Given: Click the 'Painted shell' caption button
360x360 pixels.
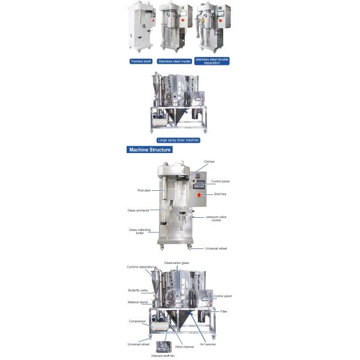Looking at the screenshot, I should (x=141, y=61).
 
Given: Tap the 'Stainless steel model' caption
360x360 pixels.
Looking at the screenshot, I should (x=174, y=61).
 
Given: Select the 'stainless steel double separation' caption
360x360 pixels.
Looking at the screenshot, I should (x=212, y=61).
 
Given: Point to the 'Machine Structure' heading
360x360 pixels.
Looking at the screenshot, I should (x=149, y=149).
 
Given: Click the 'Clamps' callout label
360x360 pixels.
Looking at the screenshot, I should (x=209, y=161).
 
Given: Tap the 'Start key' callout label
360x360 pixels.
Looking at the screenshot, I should (x=220, y=194).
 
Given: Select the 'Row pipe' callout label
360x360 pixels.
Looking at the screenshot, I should (x=143, y=190).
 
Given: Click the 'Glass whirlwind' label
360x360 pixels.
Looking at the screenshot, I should (x=138, y=211).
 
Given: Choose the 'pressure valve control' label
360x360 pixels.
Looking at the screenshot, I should (x=214, y=218).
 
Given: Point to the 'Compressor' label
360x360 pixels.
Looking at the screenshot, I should (x=137, y=321).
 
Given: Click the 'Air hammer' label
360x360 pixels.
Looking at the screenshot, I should (x=208, y=344).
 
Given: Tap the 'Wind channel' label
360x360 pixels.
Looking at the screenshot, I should (x=183, y=347).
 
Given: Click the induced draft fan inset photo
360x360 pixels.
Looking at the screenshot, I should (x=163, y=346).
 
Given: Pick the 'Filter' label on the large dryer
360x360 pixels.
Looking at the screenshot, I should (x=224, y=311).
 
